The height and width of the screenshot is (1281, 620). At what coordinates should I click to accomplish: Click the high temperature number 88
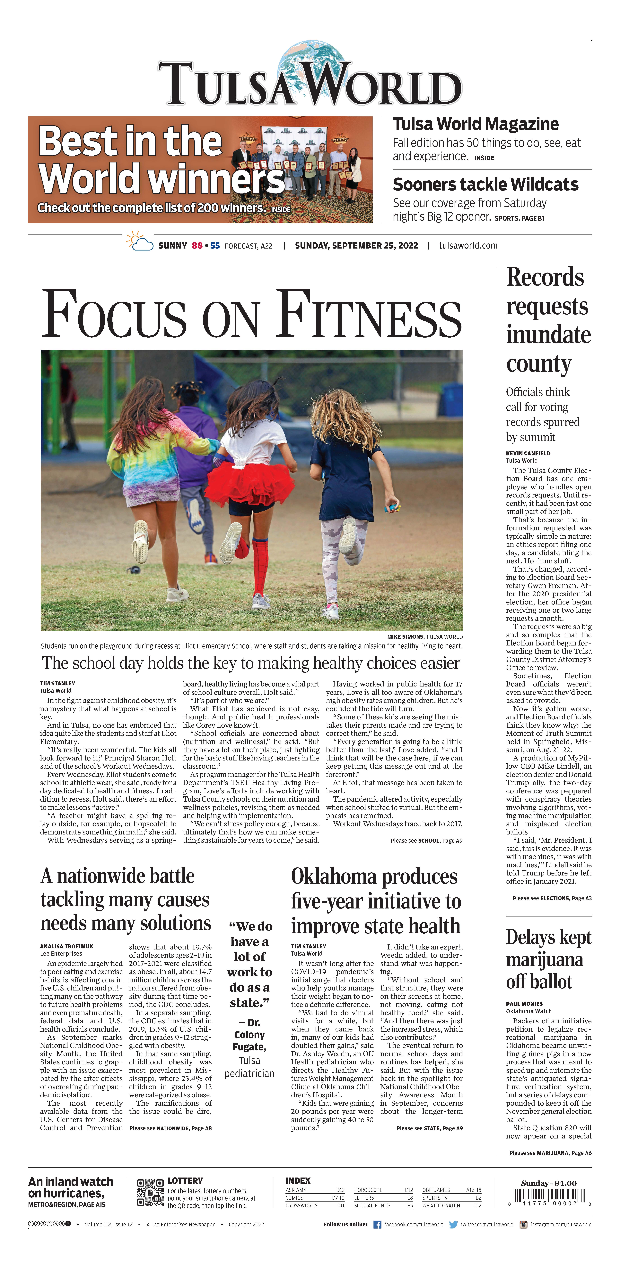click(197, 246)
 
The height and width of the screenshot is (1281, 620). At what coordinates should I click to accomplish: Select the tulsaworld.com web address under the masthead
click(468, 246)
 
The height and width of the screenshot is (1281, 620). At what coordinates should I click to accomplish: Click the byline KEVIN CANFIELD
click(528, 453)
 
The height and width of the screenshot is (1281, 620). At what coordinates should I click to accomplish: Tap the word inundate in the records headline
click(548, 335)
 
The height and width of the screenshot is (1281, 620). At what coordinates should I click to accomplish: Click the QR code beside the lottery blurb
click(150, 1193)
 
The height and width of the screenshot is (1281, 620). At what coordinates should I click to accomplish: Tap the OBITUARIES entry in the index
click(436, 1190)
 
